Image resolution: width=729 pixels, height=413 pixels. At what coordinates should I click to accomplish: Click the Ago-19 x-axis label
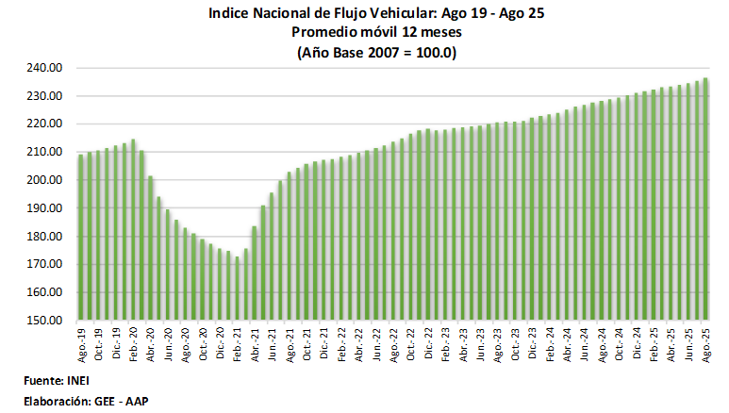(x=81, y=343)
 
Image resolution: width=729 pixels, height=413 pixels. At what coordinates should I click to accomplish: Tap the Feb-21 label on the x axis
(x=237, y=343)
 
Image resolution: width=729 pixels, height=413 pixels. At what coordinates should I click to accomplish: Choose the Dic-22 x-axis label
(x=428, y=343)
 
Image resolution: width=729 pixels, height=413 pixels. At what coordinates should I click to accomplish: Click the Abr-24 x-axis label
(x=567, y=343)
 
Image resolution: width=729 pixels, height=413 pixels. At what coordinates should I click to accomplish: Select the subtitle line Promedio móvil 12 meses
(x=376, y=34)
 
